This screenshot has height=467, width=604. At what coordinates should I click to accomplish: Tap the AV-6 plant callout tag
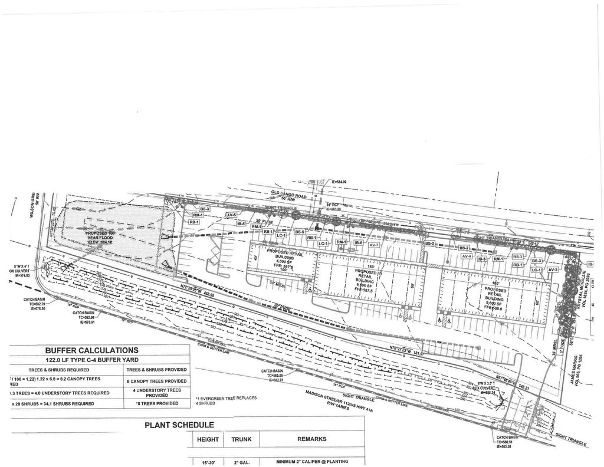tap(231, 215)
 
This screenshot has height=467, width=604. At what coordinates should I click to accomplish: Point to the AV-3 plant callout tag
tap(553, 269)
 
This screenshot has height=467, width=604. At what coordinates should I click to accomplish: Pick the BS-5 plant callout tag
tap(299, 232)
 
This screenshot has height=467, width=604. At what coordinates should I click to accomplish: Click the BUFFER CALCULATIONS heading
tap(92, 350)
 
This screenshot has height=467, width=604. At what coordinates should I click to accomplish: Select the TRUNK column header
tap(241, 439)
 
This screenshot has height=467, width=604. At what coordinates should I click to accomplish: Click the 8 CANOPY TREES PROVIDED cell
tap(157, 381)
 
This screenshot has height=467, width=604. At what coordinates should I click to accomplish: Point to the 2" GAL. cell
tap(241, 462)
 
